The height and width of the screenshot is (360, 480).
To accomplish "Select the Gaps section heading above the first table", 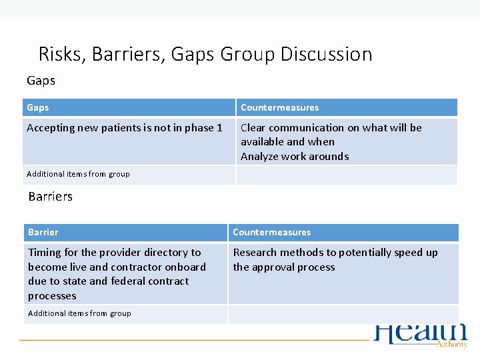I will click(x=41, y=81).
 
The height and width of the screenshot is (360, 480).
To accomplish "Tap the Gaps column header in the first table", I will click(x=38, y=107).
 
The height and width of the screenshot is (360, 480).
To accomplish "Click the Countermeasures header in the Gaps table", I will click(x=279, y=107).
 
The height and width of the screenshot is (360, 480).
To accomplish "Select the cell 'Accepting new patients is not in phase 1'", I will click(x=124, y=128).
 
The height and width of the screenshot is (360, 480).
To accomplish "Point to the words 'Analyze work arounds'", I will click(x=294, y=157).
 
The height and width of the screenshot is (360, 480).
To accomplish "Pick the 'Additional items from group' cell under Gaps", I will click(x=78, y=175).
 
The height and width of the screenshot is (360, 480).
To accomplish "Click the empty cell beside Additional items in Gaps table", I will click(x=346, y=175).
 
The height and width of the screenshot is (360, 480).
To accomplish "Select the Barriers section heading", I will click(x=51, y=197).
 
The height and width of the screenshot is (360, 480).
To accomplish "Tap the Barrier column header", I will click(x=43, y=232).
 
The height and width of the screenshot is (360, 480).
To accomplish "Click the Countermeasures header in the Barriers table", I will click(x=271, y=232).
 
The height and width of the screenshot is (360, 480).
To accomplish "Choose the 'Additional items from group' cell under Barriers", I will click(x=79, y=313).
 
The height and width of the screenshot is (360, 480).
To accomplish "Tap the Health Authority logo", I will click(x=421, y=335).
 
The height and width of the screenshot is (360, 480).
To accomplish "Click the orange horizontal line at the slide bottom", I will click(x=193, y=340).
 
